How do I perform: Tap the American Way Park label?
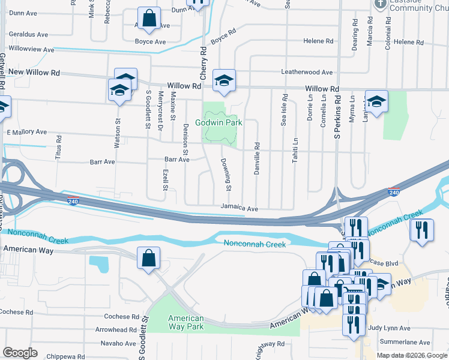click(185, 322)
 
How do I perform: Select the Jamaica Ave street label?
click(239, 208)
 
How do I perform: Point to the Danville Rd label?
click(256, 154)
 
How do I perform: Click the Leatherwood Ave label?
click(307, 72)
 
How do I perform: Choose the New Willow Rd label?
click(34, 73)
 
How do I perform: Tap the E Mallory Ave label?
click(26, 131)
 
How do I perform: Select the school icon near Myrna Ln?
click(376, 101)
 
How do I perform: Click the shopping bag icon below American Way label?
click(148, 259)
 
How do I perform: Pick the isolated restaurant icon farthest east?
click(421, 230)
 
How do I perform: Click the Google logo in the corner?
click(20, 353)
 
